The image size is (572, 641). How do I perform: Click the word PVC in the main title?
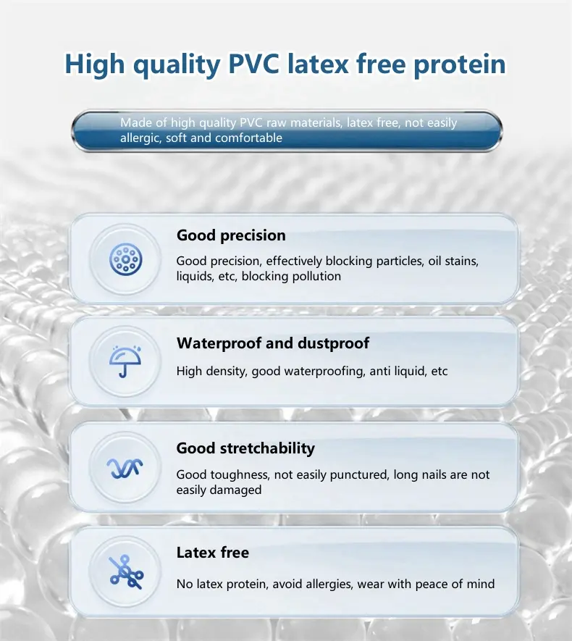click(253, 64)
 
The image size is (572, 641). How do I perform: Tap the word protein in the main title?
click(460, 65)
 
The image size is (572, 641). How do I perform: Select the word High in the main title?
click(94, 65)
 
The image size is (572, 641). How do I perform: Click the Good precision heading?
click(231, 235)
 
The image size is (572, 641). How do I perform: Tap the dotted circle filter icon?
click(126, 259)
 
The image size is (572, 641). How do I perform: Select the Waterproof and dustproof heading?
click(272, 343)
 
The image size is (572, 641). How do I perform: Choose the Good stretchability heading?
click(245, 448)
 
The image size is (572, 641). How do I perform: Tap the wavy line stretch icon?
click(125, 468)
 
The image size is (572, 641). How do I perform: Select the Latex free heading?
click(212, 553)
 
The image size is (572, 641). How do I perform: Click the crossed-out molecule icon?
click(126, 572)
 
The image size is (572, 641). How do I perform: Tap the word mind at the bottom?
click(481, 584)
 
